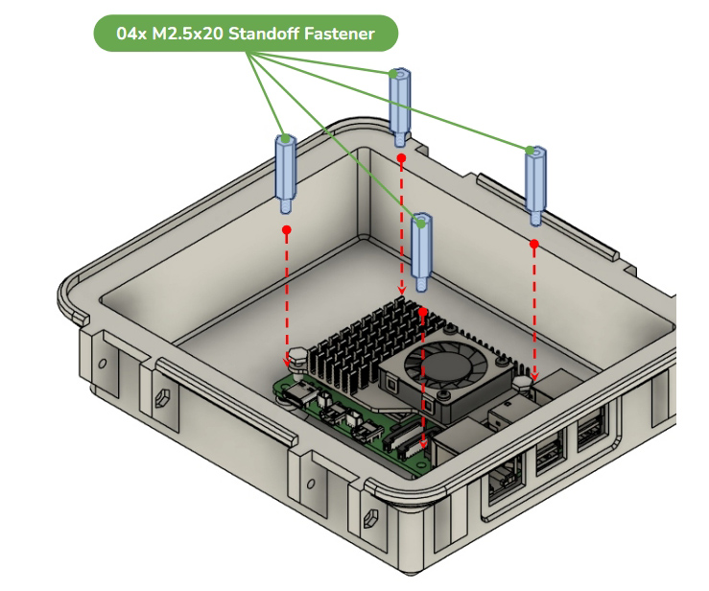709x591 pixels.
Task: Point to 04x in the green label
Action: [131, 34]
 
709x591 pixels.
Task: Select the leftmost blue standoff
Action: [286, 174]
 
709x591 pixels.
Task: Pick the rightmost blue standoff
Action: [535, 186]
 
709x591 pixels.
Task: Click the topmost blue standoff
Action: [400, 107]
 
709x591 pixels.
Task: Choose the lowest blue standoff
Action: [421, 252]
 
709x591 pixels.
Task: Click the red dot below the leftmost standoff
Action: [286, 230]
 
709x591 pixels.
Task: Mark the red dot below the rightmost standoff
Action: [534, 245]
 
